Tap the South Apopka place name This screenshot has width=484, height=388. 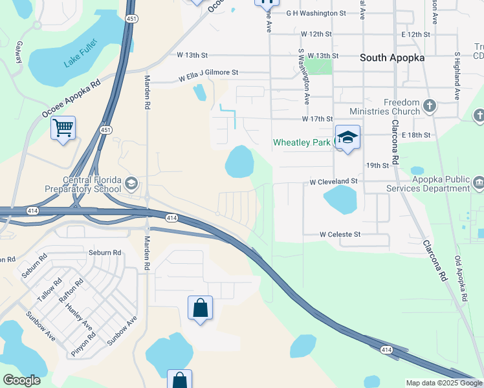pos(392,58)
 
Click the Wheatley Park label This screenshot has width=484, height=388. pos(302,142)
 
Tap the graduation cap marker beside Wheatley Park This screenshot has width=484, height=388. pos(347,137)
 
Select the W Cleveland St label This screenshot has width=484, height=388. pos(333,182)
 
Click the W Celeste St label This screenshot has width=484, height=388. pos(340,234)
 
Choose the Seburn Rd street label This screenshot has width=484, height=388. pos(105,253)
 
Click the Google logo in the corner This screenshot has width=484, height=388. pos(21,380)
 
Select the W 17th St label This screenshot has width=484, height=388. pos(317,120)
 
